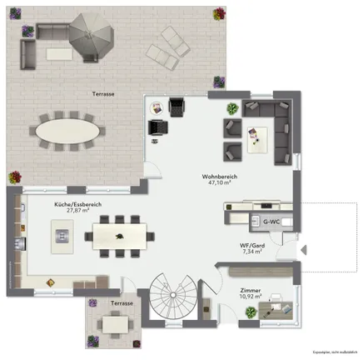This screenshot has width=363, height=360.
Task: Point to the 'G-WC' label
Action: pyautogui.click(x=270, y=222)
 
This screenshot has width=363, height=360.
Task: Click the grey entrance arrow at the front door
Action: pyautogui.click(x=305, y=248)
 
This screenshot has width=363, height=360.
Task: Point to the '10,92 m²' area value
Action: pyautogui.click(x=249, y=297)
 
